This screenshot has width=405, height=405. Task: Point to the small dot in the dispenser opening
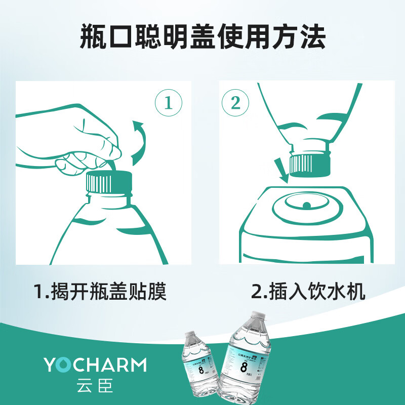(x=306, y=205)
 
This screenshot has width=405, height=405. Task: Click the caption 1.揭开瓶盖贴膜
(x=101, y=292)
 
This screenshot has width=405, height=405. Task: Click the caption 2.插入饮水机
(x=308, y=292)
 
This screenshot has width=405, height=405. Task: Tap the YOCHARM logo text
(x=95, y=364)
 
